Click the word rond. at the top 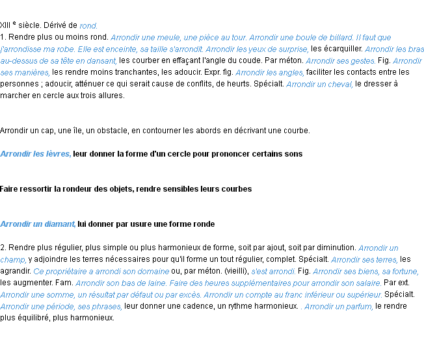[x=88, y=27]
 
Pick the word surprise [x=292, y=49]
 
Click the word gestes [x=362, y=61]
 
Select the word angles [x=291, y=73]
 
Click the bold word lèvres [x=59, y=154]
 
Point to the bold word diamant [x=60, y=224]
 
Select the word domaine [x=153, y=272]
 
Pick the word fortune [x=403, y=272]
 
